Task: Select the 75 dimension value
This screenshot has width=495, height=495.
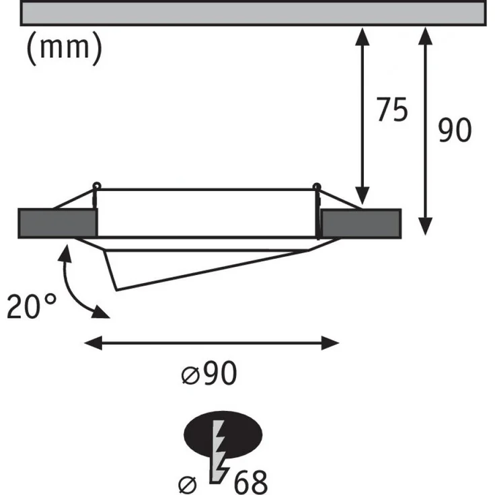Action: click(392, 110)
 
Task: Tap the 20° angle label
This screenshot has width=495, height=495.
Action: click(32, 305)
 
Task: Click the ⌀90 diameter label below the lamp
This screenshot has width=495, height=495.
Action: click(209, 373)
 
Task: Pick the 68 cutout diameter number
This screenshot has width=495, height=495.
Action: click(251, 482)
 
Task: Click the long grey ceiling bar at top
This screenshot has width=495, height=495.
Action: click(253, 13)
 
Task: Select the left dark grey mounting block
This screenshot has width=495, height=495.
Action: click(57, 223)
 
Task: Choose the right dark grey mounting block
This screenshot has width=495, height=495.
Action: click(361, 223)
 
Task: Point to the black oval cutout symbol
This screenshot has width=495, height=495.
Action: click(223, 435)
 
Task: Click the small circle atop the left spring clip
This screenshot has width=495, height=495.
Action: click(97, 186)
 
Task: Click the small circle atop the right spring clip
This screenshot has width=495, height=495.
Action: click(316, 186)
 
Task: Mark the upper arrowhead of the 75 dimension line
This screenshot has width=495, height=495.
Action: click(363, 36)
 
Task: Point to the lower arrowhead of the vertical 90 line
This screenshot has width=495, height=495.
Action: click(426, 227)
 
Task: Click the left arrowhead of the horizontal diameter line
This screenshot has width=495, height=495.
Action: click(93, 343)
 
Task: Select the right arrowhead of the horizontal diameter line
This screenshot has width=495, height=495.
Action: click(330, 343)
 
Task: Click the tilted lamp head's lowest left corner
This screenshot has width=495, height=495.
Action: click(116, 290)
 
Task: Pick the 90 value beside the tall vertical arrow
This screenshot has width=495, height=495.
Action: click(455, 130)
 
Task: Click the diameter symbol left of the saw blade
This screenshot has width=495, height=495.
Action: click(188, 485)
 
